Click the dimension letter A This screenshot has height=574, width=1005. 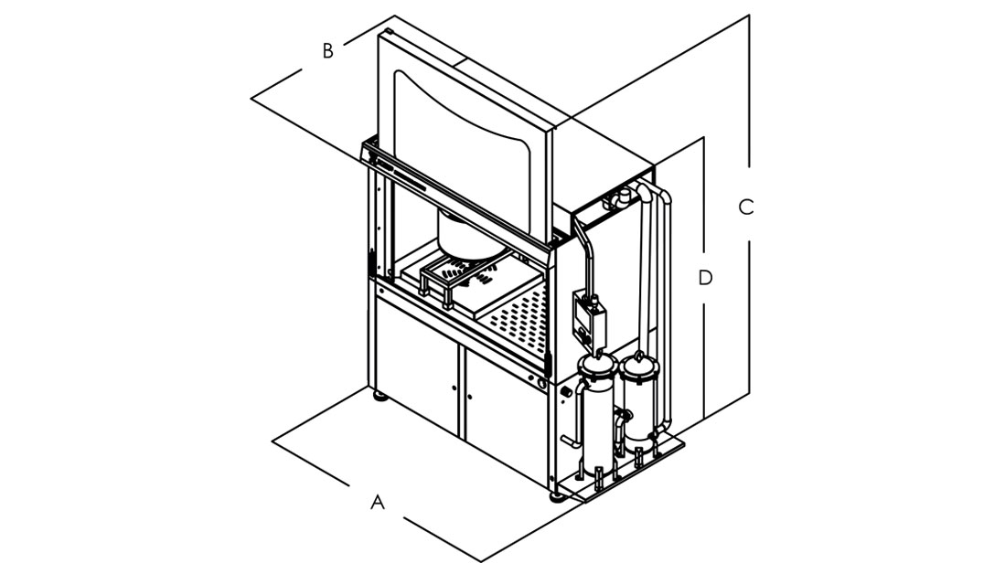tap(378, 502)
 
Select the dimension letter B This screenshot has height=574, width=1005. tap(328, 51)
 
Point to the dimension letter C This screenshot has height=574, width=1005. tap(746, 207)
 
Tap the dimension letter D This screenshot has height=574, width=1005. tap(705, 278)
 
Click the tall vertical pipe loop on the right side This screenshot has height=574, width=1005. tap(664, 302)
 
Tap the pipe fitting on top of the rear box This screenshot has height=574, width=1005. tap(624, 194)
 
